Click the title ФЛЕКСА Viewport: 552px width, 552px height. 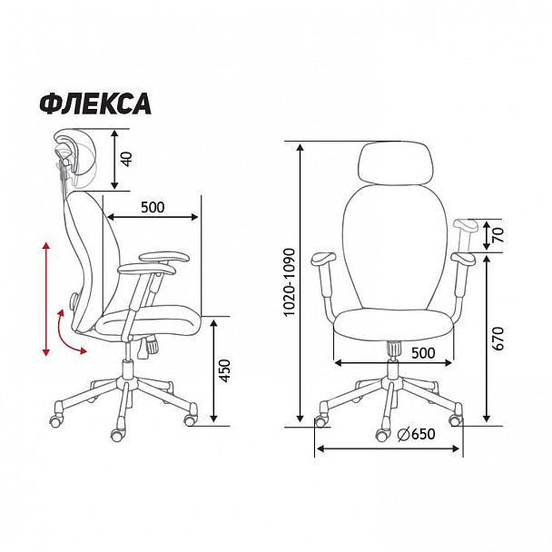click(x=95, y=103)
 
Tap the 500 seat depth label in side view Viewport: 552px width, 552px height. click(x=153, y=207)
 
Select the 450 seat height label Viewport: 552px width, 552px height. click(x=224, y=370)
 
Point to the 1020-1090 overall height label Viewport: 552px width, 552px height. click(x=289, y=282)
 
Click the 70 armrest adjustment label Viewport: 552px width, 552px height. click(x=498, y=235)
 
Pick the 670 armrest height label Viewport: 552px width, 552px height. click(x=498, y=339)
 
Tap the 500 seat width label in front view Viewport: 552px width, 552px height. click(x=423, y=353)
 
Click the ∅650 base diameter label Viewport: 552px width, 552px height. click(x=416, y=434)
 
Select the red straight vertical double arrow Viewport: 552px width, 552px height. click(x=46, y=299)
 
